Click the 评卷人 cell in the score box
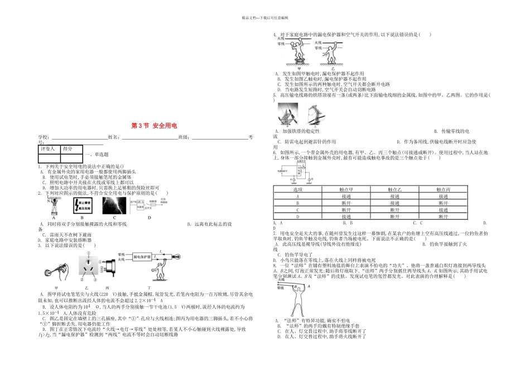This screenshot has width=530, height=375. coord(48,149)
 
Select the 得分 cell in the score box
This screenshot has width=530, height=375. coord(68,149)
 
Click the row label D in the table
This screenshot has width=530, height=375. coord(298,217)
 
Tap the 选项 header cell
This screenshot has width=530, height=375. coord(298,190)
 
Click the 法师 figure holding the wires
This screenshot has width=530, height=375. coord(295,296)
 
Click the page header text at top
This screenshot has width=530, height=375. coord(265,17)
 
